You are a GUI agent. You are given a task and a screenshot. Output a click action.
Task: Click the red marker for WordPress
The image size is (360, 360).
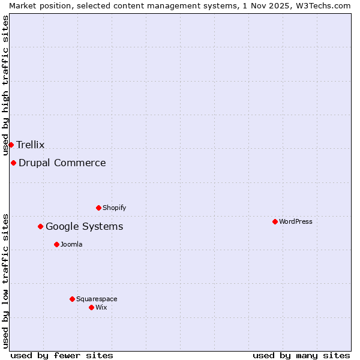pos(275,221)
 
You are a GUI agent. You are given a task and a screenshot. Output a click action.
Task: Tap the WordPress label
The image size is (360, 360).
pos(295,221)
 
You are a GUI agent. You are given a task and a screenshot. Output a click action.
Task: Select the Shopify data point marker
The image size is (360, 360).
pos(98,208)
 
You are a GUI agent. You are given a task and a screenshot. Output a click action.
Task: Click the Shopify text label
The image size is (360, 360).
pos(114,208)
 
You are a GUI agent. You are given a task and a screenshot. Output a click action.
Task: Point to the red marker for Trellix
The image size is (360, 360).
pos(11,145)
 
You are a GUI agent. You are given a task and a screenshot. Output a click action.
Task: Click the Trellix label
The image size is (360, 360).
pos(30,145)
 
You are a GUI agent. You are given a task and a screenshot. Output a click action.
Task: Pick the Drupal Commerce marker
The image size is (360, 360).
pos(13,163)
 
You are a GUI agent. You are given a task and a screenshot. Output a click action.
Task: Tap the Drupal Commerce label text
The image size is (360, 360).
pos(62,163)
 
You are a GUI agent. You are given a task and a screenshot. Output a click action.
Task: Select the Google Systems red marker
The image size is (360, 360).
pos(40,226)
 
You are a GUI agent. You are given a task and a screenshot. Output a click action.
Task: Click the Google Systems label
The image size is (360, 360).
pos(84,226)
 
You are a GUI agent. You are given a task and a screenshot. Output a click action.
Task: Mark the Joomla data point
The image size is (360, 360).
pos(56,244)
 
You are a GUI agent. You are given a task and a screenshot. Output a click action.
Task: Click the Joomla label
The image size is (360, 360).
pos(71,244)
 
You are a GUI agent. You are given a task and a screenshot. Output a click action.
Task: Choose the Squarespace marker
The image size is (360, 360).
pos(72,299)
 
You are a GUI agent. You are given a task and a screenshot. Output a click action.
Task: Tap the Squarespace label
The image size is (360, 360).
pos(97,299)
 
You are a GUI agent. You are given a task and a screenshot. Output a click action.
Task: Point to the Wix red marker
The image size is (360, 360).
pos(91,307)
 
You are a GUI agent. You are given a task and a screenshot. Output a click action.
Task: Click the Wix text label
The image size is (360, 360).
pos(101,307)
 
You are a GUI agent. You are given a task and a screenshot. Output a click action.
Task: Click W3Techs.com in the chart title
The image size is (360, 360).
pos(326,5)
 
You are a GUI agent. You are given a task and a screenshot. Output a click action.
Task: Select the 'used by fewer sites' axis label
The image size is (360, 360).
pos(62,355)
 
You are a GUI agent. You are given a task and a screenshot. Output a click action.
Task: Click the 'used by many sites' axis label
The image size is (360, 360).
pos(301,355)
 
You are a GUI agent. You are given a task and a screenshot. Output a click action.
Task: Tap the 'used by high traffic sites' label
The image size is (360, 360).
pos(5,85)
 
